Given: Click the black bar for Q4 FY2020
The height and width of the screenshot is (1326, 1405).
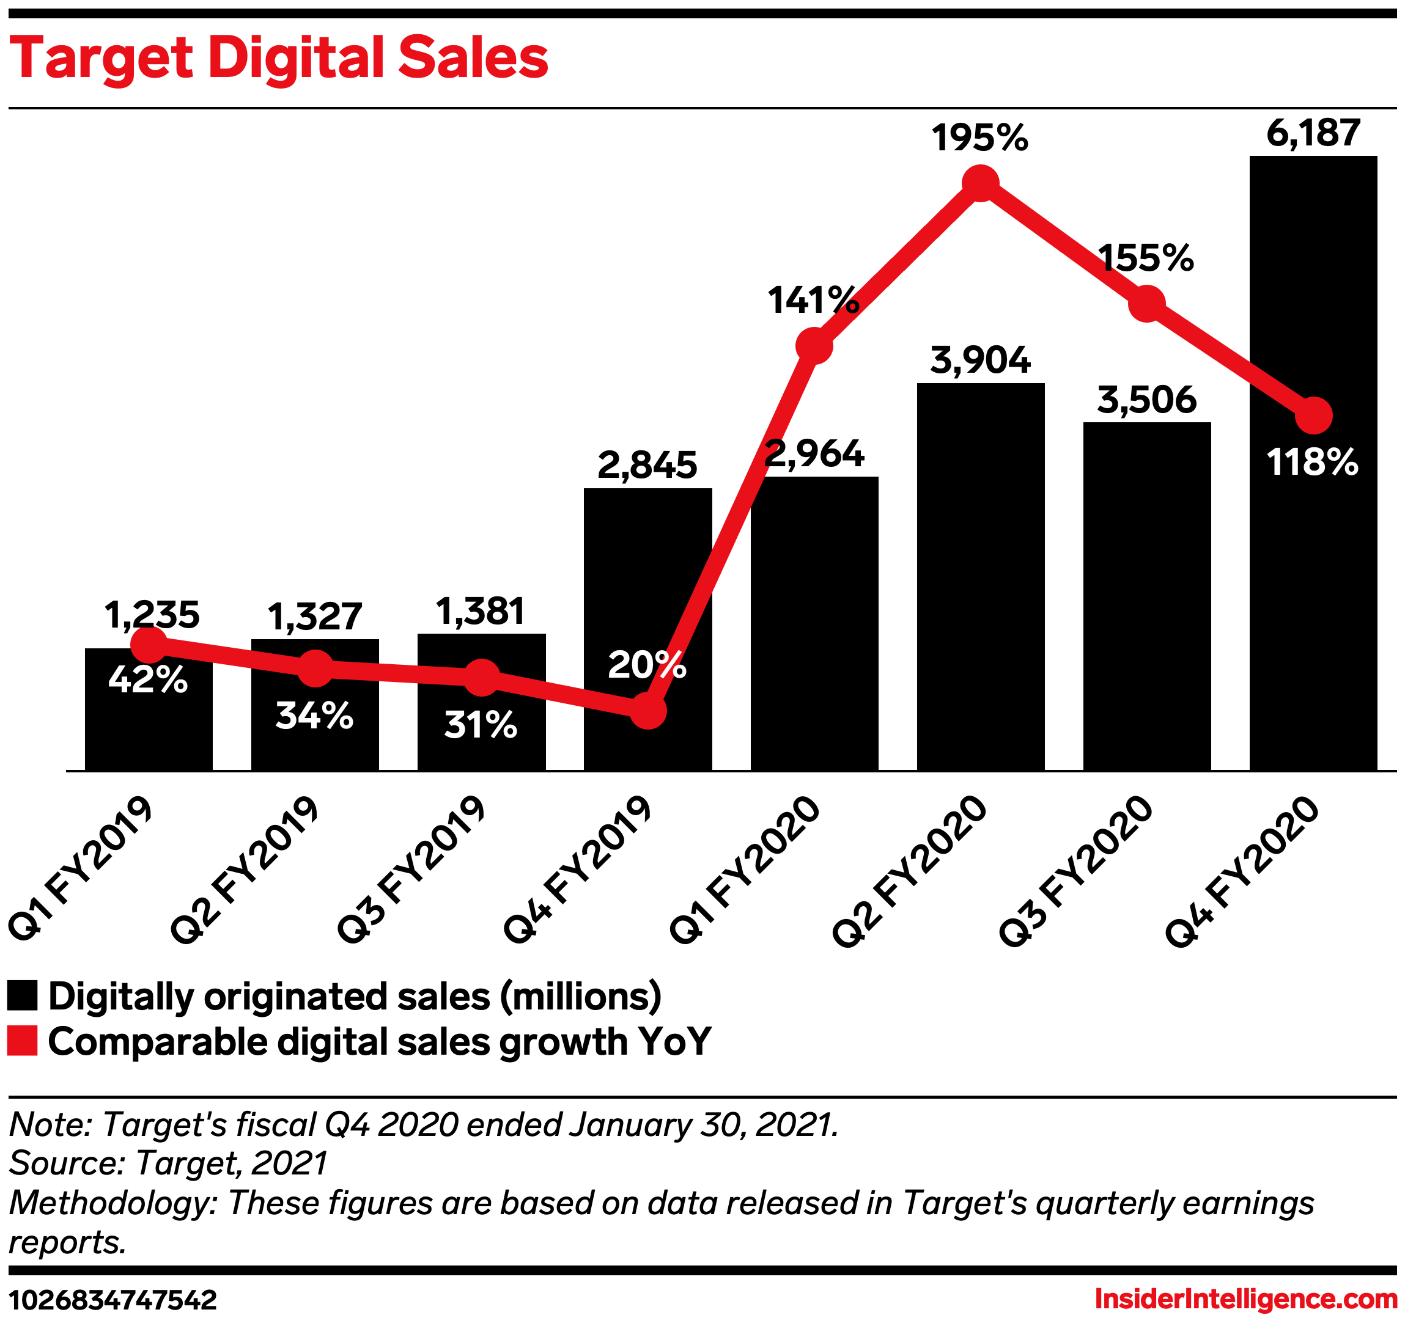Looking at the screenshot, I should point(1313,601).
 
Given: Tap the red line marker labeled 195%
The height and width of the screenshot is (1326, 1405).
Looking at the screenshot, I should point(980,183).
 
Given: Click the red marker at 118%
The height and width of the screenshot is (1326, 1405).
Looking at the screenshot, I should point(1313,416).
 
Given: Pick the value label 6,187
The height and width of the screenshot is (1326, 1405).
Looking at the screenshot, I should point(1313,133).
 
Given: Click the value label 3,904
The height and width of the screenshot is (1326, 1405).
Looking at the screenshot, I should point(980,361).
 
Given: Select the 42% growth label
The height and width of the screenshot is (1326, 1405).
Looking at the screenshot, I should point(148,680).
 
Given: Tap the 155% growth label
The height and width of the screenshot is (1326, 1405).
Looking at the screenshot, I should point(1146,258).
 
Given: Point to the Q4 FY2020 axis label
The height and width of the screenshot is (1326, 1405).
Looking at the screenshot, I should point(1242,871).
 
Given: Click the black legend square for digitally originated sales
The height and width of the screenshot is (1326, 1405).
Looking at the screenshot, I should point(22,996).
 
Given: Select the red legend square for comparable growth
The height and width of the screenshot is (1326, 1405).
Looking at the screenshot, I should point(22,1041).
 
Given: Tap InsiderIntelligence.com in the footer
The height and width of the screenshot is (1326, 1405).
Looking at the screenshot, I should point(1245,1299).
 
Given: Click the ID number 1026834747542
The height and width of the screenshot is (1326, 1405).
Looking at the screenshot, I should point(112,1300).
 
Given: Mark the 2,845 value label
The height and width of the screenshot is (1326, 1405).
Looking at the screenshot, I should point(647,466).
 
